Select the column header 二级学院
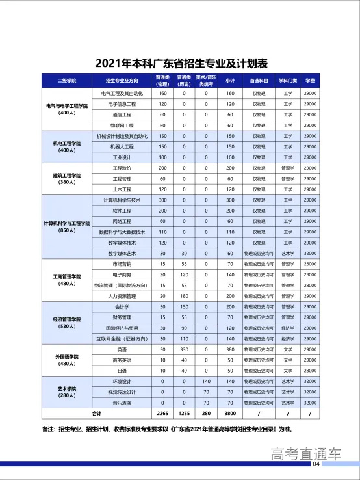coord(67,81)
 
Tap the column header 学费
coord(310,81)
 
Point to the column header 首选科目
coord(254,81)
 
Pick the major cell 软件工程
coord(122,211)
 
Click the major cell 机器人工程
coord(122,146)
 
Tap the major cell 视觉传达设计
coord(122,392)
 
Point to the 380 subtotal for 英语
coord(229,349)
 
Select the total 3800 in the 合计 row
coord(229,414)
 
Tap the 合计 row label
coord(97,414)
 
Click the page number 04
coord(316,464)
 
